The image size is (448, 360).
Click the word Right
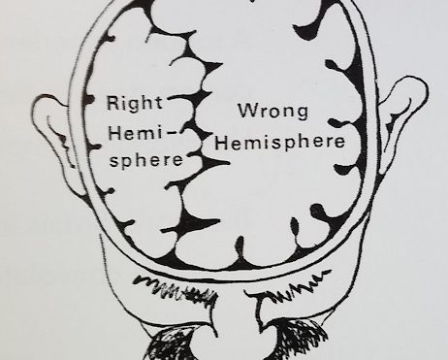135,103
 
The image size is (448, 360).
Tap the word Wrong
273,112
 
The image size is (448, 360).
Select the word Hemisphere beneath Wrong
280,143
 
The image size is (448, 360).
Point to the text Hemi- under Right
144,133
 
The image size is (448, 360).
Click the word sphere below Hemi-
146,159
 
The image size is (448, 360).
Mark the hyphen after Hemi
173,133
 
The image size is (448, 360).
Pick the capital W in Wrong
249,110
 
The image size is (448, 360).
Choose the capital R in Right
113,102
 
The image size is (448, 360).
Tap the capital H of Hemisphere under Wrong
222,143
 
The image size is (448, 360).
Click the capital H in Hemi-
115,133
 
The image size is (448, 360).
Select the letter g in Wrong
302,114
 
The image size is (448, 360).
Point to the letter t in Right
158,103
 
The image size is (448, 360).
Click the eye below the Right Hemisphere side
172,344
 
